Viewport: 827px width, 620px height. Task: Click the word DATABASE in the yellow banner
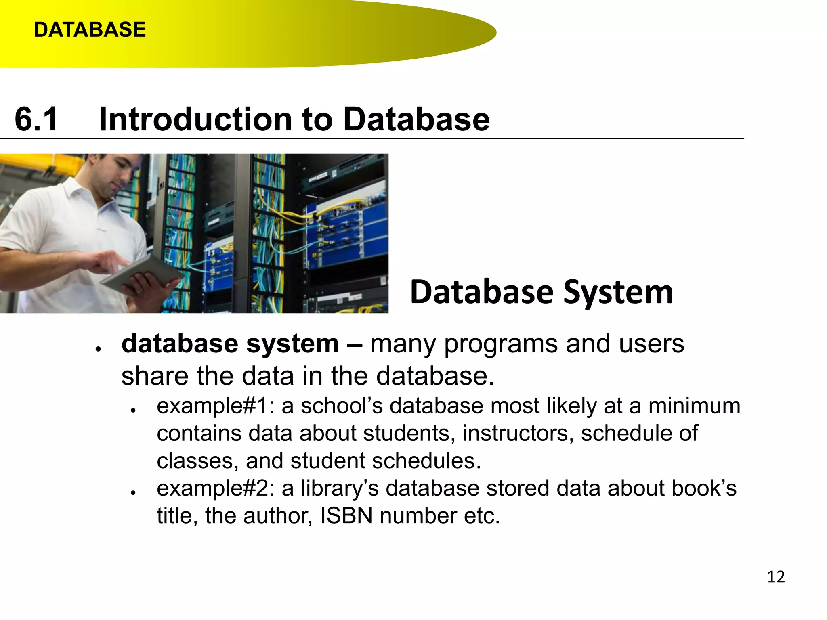90,30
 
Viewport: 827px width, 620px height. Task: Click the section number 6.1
36,119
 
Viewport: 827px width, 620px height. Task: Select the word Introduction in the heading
195,119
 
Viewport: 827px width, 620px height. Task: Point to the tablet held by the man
141,274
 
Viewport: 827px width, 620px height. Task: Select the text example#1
212,406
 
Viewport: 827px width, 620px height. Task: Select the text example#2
212,488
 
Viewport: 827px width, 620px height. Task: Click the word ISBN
346,516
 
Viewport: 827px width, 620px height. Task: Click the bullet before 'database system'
98,349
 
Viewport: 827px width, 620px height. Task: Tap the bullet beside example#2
133,493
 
